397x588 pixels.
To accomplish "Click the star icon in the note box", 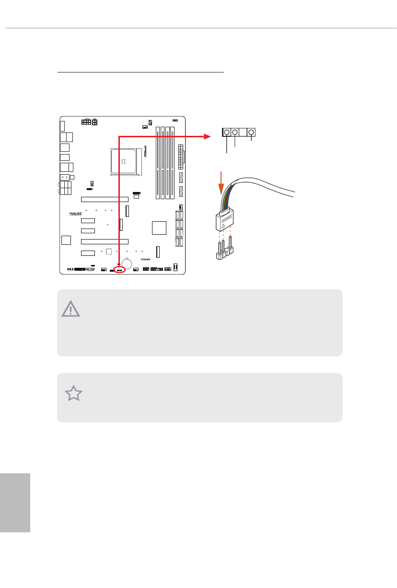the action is coord(74,394).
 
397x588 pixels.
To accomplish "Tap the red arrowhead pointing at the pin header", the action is coord(208,136).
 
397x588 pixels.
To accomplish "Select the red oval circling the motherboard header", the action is coord(119,270).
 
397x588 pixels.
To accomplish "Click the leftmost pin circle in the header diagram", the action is coord(227,132).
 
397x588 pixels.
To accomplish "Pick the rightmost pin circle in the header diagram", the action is coord(250,132).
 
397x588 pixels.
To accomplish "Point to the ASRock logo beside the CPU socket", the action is coord(145,152).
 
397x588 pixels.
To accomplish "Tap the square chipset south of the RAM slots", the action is coord(158,228).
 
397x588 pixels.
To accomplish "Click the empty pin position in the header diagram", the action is coord(243,132).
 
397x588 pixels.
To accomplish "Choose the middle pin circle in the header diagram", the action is coord(235,132).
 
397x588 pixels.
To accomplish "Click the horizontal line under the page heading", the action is coord(140,73).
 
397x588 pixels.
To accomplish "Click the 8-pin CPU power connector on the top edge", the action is coord(90,122).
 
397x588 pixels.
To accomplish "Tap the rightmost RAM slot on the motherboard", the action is coord(173,163).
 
